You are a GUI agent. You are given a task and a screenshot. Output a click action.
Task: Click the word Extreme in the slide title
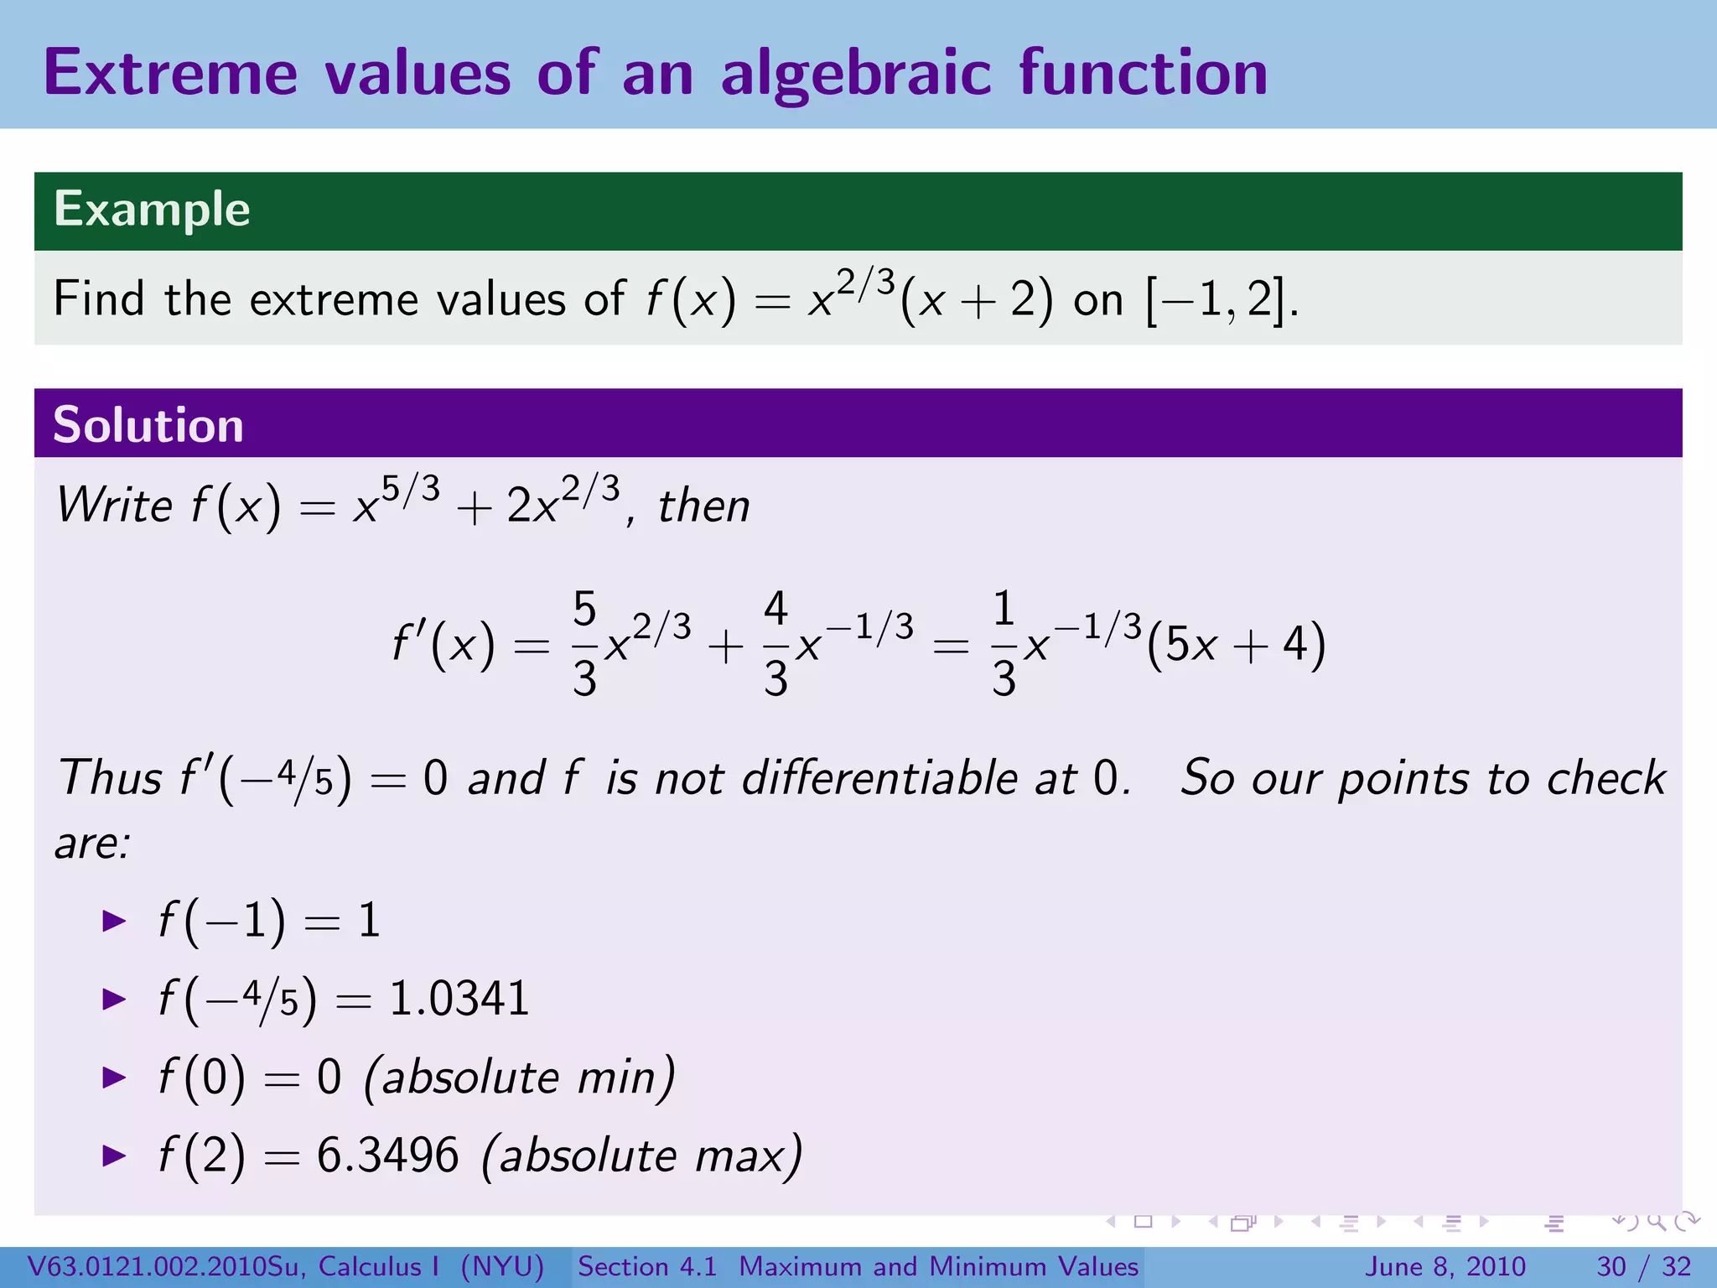[170, 73]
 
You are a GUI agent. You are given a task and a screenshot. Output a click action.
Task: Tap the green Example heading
[152, 209]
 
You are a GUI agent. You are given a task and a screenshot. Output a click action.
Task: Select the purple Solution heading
[148, 424]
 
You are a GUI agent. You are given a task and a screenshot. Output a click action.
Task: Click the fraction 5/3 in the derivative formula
[584, 644]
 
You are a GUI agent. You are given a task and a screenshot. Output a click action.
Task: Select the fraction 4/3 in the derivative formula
[776, 644]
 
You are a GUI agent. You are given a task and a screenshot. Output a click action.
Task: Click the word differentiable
[879, 777]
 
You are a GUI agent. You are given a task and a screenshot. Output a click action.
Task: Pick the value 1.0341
[459, 999]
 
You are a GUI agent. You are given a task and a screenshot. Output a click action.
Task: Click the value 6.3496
[387, 1156]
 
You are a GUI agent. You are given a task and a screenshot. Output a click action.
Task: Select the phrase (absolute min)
[519, 1078]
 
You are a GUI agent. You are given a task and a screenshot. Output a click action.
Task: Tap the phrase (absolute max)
[641, 1156]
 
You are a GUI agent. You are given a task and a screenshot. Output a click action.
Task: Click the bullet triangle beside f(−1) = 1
[113, 921]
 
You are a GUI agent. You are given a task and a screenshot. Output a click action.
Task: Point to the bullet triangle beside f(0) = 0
[113, 1078]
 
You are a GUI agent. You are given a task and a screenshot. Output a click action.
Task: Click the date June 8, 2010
[1446, 1266]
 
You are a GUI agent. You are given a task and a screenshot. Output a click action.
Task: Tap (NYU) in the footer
[502, 1266]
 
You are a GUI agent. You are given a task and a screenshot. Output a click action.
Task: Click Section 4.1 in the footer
[647, 1266]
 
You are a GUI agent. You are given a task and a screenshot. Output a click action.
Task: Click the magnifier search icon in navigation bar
[1655, 1222]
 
